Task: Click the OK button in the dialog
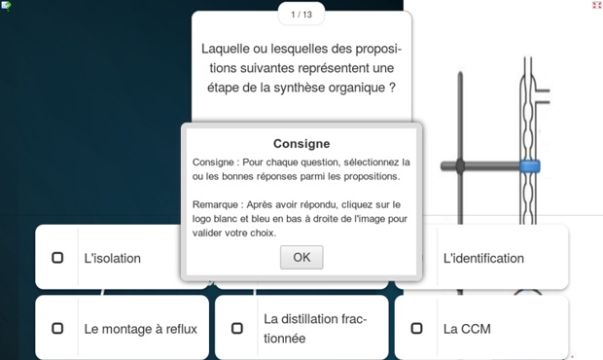(x=301, y=257)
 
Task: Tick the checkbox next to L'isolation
(x=57, y=257)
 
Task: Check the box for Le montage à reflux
(x=57, y=328)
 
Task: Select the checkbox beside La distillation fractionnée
(x=237, y=328)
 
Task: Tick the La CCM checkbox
(x=416, y=328)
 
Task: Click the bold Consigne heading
(x=301, y=143)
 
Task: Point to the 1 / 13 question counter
(x=301, y=15)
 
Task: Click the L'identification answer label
(x=483, y=258)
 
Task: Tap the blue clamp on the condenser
(x=530, y=166)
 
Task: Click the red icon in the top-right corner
(x=597, y=5)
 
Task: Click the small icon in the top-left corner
(x=6, y=6)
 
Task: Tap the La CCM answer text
(x=467, y=329)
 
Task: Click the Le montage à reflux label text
(x=140, y=329)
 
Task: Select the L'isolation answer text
(x=112, y=258)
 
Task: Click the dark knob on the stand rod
(x=460, y=166)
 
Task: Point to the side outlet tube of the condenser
(x=543, y=96)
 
